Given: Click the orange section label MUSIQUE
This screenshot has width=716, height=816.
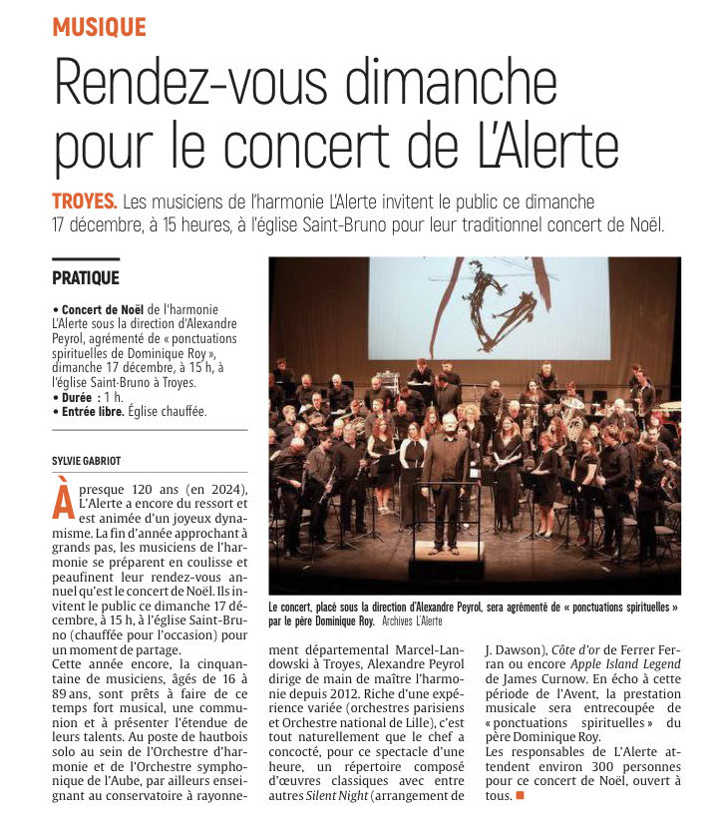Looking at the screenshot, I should click(x=99, y=27).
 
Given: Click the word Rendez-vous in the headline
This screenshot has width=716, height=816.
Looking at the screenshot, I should click(x=182, y=82).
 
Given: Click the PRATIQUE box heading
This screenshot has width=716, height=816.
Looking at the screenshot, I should click(x=86, y=278).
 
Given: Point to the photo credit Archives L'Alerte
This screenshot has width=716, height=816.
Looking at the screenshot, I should click(x=412, y=620).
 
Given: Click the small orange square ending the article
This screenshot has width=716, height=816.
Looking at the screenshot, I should click(x=520, y=796).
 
